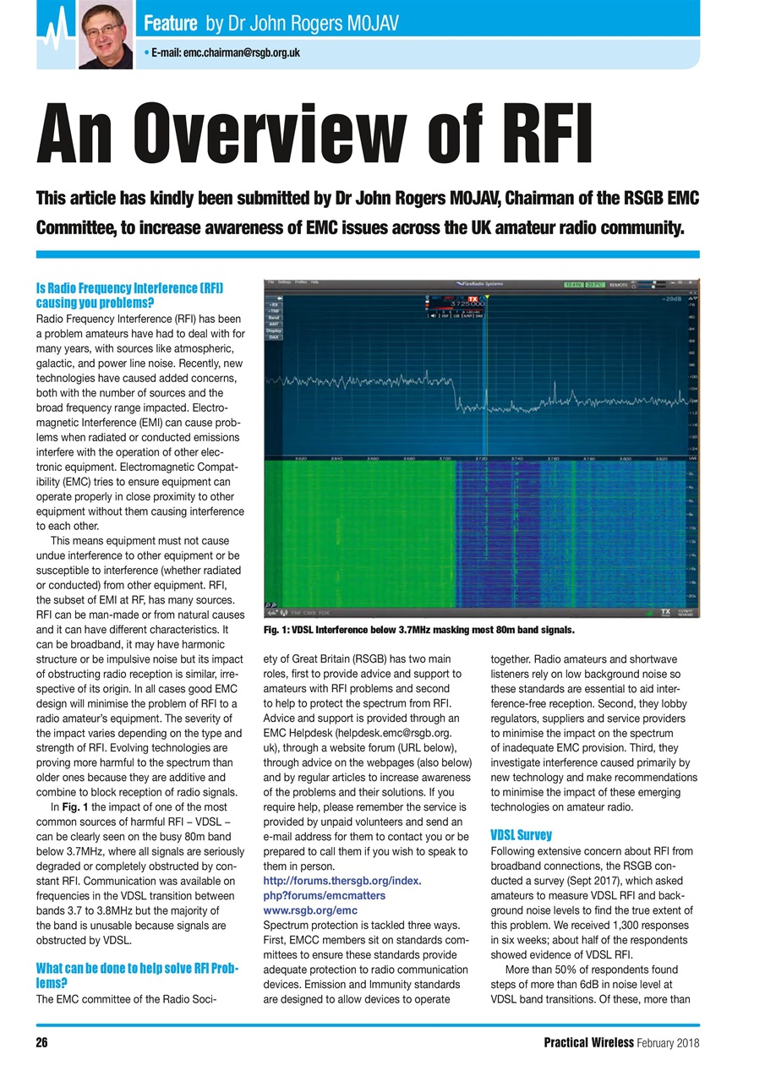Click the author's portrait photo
(x=106, y=34)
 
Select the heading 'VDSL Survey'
(x=521, y=834)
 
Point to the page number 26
(x=41, y=1042)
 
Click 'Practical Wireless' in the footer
(x=590, y=1042)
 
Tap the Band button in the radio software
(x=274, y=318)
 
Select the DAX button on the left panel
(x=274, y=336)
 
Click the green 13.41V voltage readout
(x=574, y=285)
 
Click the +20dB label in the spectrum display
(x=672, y=299)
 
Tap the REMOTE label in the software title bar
(x=622, y=285)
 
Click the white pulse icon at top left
(x=56, y=34)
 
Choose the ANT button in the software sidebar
(x=274, y=324)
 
